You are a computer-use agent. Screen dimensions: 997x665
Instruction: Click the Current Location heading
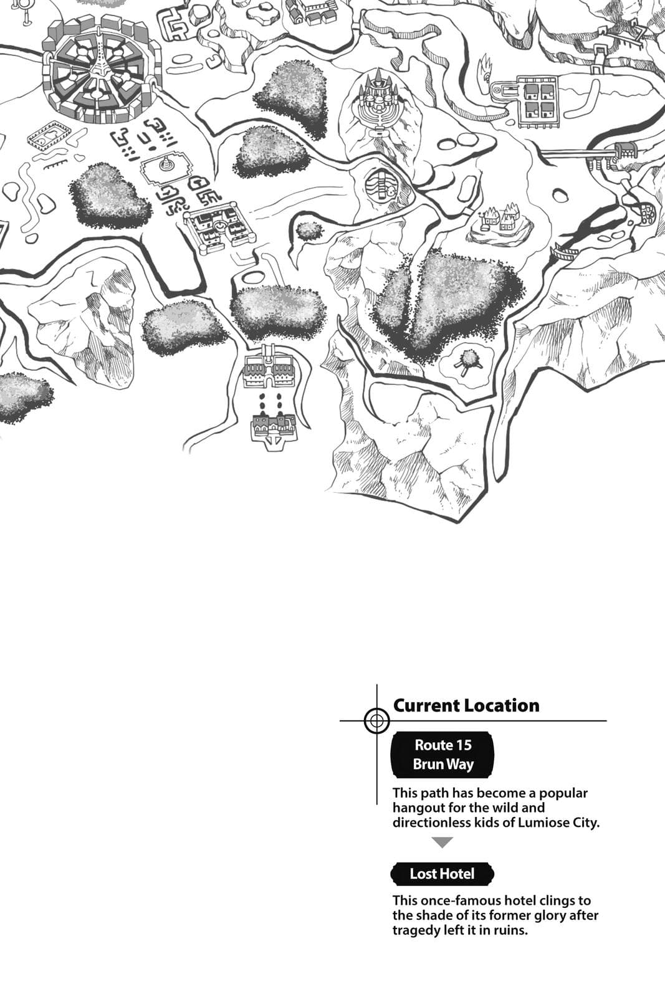click(x=466, y=705)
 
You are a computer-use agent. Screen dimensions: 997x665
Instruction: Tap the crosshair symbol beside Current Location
click(x=376, y=721)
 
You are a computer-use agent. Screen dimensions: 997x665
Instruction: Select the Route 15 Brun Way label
click(x=442, y=755)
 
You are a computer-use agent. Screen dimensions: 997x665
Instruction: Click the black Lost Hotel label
click(x=442, y=874)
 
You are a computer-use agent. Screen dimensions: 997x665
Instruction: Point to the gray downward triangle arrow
click(x=442, y=842)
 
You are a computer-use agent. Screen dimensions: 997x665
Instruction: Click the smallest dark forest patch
click(x=309, y=231)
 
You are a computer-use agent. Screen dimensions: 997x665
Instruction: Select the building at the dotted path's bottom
click(x=272, y=429)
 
